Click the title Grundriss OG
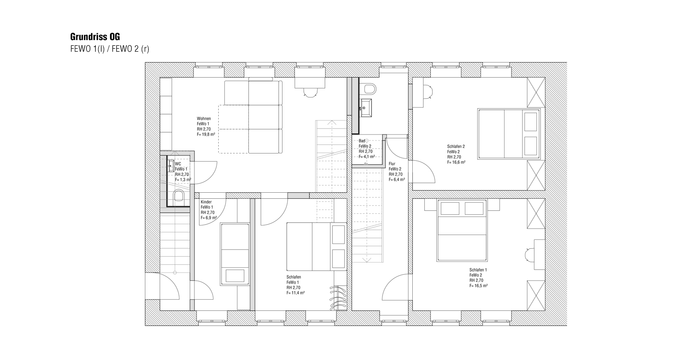95,37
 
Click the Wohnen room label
204,119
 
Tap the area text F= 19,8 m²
206,135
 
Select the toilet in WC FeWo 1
179,196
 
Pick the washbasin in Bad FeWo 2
366,108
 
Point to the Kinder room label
206,202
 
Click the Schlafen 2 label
456,147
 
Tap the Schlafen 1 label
478,270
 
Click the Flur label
392,164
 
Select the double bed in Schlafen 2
509,134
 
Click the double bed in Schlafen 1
462,230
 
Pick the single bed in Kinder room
235,254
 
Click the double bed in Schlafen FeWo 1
316,247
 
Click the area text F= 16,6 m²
456,162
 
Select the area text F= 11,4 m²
296,293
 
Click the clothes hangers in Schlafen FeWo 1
338,298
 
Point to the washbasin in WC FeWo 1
171,166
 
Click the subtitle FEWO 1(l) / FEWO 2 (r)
110,49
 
